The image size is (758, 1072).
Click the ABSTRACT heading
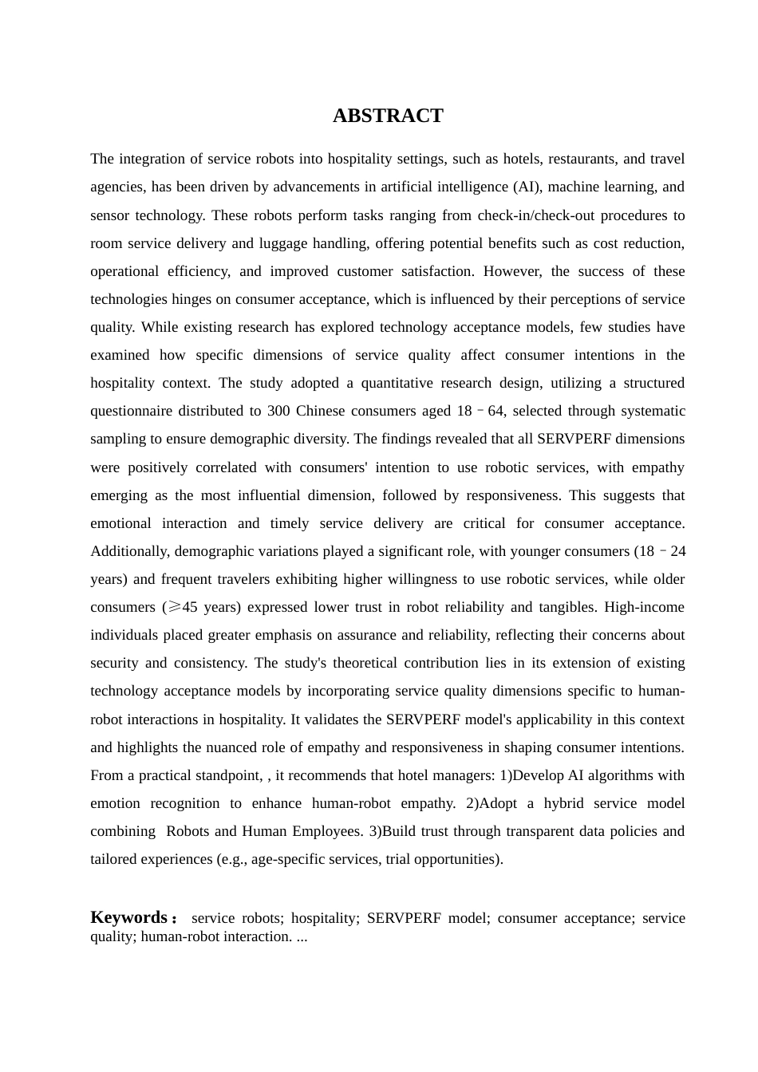[388, 116]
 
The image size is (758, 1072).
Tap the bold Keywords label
[129, 917]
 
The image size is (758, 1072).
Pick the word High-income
[644, 607]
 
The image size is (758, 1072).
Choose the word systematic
[652, 411]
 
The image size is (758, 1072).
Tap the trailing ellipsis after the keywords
[302, 936]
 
